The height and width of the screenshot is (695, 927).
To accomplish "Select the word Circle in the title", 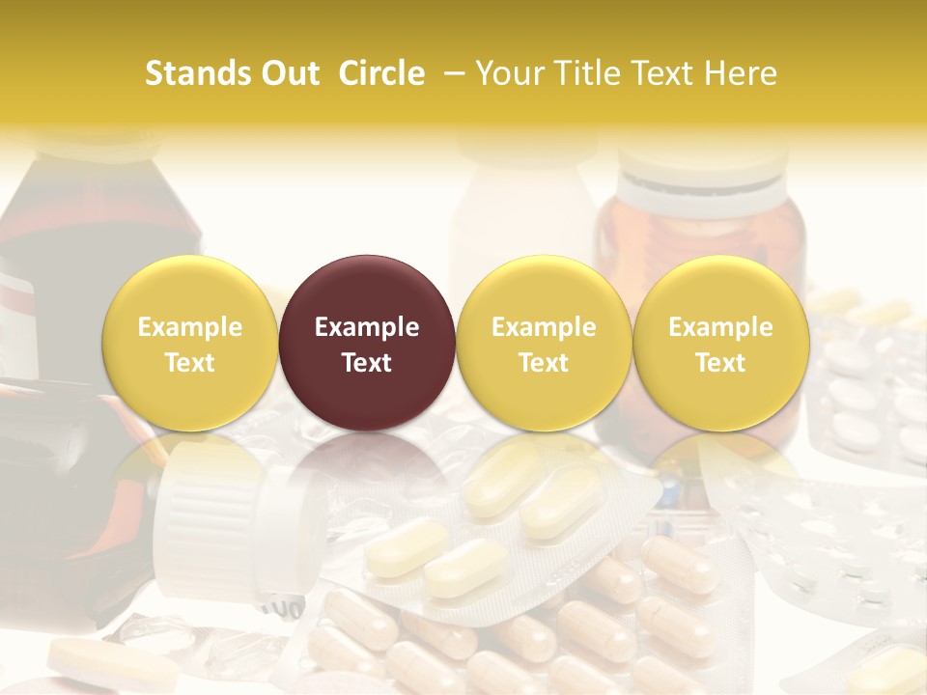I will [x=381, y=73].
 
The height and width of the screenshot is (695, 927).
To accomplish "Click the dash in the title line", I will [x=451, y=74].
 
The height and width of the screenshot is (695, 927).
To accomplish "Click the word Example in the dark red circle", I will [x=367, y=327].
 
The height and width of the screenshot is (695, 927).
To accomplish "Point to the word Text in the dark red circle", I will [x=367, y=363].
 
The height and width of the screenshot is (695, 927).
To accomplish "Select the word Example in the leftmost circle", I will [x=190, y=327].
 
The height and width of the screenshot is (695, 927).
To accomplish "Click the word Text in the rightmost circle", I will [x=720, y=363].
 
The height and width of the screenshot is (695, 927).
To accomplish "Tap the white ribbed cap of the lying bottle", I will [x=208, y=521].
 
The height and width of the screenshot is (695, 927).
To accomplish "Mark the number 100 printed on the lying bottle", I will [x=280, y=610].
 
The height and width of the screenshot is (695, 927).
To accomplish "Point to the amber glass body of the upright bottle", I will [x=700, y=232].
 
